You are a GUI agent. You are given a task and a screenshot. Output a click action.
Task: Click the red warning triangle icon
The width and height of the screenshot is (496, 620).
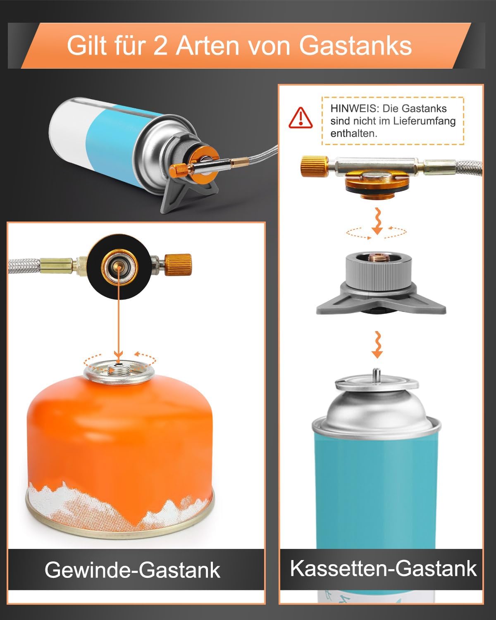click(300, 118)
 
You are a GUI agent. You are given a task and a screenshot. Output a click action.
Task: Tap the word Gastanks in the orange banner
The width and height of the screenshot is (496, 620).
click(355, 45)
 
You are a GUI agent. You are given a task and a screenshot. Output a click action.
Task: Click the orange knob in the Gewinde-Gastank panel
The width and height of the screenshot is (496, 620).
click(178, 265)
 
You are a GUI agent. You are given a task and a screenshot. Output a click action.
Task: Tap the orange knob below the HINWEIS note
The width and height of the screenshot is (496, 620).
click(315, 166)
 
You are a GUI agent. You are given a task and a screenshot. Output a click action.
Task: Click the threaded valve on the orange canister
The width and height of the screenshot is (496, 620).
click(119, 370)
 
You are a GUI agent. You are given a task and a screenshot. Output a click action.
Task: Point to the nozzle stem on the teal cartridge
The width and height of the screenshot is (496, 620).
click(377, 377)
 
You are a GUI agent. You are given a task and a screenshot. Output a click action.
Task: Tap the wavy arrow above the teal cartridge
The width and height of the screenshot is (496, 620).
click(377, 345)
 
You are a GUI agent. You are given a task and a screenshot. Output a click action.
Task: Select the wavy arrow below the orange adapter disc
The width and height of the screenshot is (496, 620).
click(377, 221)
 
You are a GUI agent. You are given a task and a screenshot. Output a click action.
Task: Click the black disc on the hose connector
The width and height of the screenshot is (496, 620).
click(119, 267)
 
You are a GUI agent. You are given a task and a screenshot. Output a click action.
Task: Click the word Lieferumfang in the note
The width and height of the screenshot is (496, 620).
click(424, 121)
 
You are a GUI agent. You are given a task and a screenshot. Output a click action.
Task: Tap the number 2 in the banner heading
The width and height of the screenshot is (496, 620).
click(160, 45)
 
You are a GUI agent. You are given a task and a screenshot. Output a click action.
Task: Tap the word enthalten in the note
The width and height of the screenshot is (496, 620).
click(354, 134)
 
